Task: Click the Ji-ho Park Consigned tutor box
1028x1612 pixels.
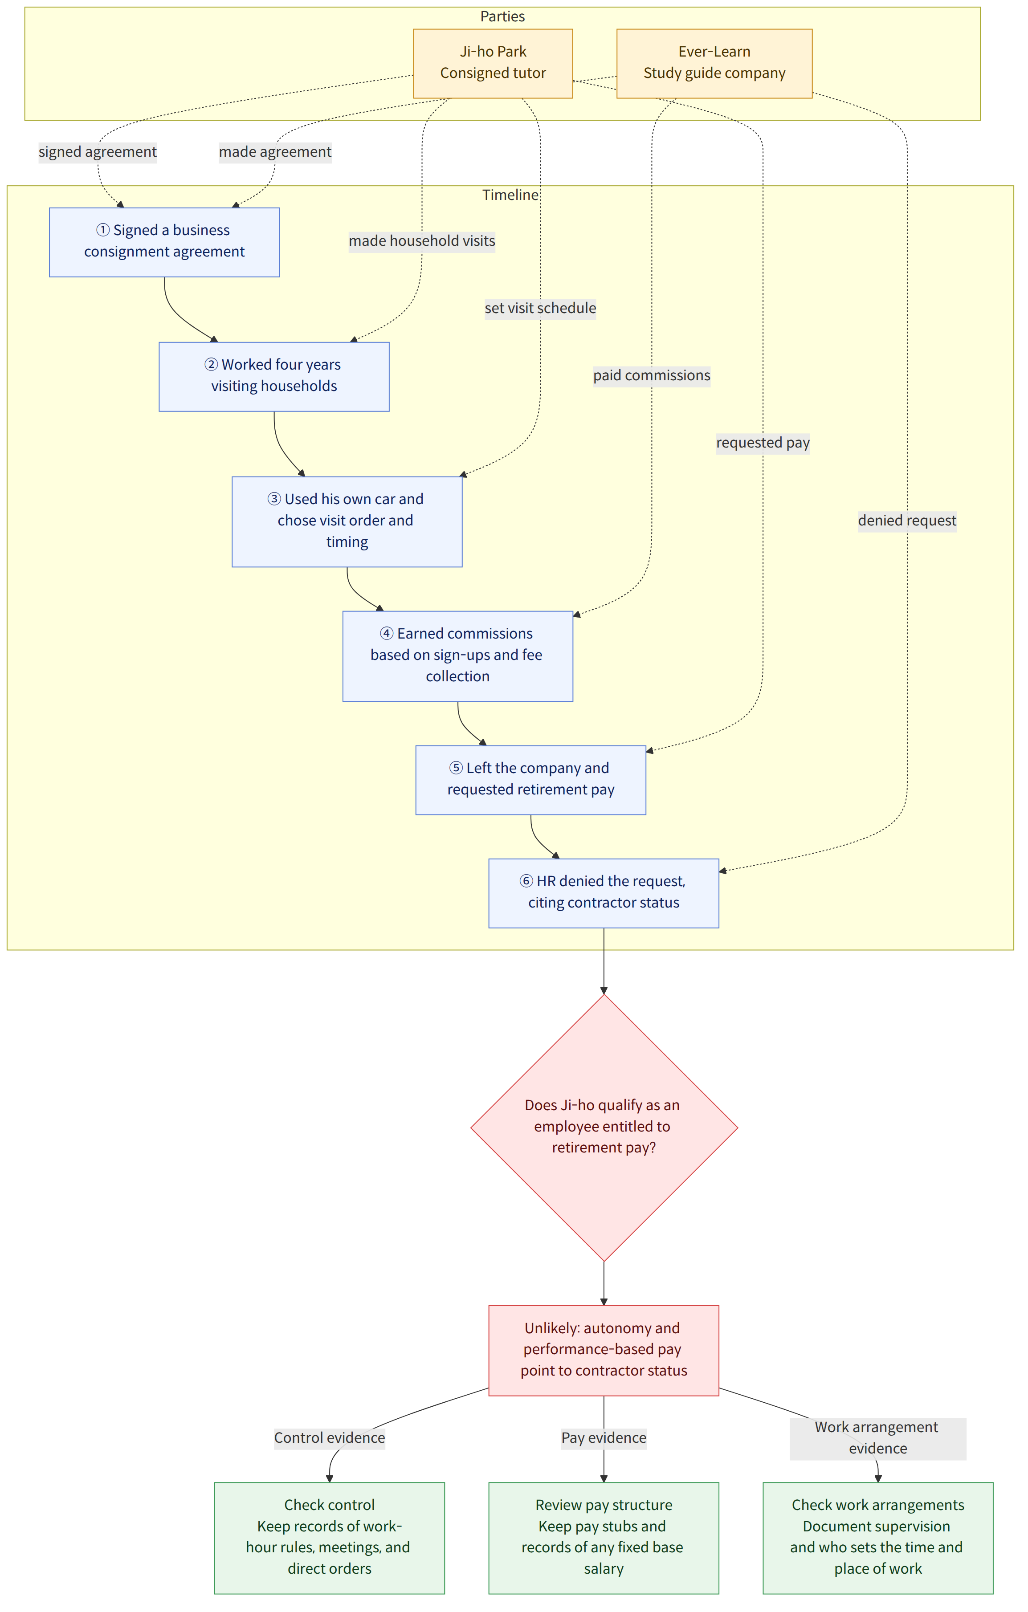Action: (493, 64)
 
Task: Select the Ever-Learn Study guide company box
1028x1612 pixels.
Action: (714, 64)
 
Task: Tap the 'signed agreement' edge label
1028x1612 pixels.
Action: (98, 152)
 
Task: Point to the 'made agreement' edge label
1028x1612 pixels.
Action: (275, 152)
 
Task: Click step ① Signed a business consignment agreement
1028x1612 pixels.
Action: (164, 242)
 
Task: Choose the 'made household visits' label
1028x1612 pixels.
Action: (422, 241)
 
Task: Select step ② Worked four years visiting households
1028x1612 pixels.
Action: (274, 377)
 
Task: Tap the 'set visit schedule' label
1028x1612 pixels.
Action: (540, 308)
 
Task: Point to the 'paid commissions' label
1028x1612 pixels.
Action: (652, 375)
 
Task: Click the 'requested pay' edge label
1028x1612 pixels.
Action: (763, 443)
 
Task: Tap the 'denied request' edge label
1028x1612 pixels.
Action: (907, 521)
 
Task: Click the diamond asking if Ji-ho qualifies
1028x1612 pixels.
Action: (604, 1128)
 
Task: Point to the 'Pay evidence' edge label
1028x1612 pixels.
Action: (604, 1438)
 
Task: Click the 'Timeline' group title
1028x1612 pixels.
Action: (510, 195)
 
